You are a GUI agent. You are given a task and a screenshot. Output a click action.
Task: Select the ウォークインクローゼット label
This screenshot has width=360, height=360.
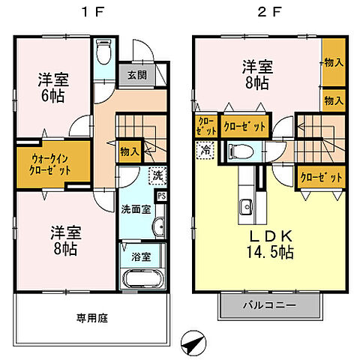tap(51, 163)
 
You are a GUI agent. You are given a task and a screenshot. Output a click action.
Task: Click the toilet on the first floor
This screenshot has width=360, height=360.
tap(104, 55)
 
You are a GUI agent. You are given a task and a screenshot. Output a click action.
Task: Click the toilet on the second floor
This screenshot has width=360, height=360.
tap(242, 151)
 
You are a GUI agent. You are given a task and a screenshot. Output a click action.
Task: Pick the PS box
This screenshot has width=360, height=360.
tap(162, 196)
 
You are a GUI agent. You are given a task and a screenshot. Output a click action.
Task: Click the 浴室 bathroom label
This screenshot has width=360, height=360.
tap(140, 256)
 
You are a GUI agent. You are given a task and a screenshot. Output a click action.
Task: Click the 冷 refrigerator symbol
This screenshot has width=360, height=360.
tap(204, 149)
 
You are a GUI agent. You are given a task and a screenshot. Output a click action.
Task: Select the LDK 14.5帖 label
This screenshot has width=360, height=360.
tap(265, 243)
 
